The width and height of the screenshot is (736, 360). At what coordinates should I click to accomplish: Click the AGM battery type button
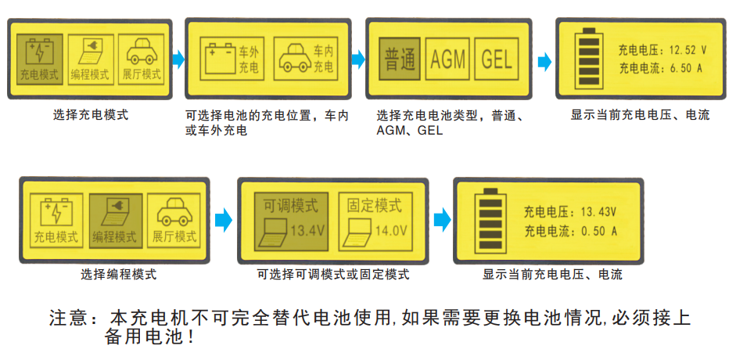447,59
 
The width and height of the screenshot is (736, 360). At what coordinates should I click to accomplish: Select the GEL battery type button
497,59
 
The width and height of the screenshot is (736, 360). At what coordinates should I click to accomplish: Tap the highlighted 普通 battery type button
400,59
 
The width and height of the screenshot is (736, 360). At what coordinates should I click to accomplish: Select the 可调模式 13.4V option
291,218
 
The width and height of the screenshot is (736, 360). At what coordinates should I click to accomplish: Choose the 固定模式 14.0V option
376,218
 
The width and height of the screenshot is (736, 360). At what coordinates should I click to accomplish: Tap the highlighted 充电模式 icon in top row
38,59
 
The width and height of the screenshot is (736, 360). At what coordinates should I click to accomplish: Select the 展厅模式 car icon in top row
142,59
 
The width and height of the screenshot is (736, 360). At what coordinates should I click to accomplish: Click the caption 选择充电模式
91,115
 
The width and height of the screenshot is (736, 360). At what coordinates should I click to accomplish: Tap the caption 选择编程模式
118,275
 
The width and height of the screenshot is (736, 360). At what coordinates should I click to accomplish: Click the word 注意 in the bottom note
66,319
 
